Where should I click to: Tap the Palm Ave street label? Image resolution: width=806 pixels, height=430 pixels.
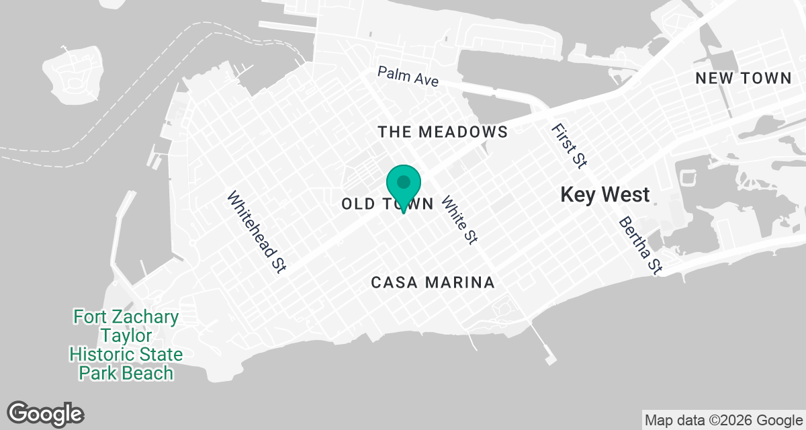click(x=408, y=77)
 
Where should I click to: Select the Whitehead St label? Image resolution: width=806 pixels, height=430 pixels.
click(x=257, y=232)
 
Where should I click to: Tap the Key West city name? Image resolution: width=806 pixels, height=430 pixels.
click(x=604, y=195)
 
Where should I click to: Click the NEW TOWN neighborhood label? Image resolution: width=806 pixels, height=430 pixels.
click(x=744, y=78)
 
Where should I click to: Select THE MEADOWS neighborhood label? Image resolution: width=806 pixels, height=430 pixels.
click(x=443, y=132)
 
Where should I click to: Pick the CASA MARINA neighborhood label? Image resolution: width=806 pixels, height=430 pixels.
click(x=433, y=283)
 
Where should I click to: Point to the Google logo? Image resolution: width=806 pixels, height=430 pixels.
click(x=46, y=413)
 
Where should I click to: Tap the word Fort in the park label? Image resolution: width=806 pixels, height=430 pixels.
click(x=91, y=316)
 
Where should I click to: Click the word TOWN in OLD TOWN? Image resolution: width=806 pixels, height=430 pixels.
click(x=409, y=204)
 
